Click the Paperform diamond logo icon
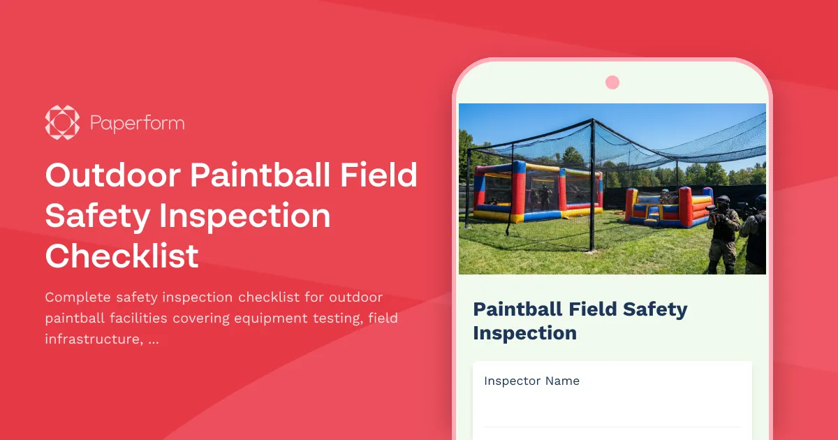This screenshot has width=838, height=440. (x=63, y=123)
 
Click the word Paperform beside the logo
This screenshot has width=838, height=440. (x=137, y=124)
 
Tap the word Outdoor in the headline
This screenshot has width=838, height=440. (x=111, y=175)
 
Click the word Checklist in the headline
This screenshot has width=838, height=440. (x=122, y=256)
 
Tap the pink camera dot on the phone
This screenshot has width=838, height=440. (x=612, y=82)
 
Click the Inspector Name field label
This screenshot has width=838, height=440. (x=531, y=381)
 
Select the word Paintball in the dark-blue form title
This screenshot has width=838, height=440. (x=518, y=309)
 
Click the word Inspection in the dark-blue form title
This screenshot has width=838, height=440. (x=524, y=333)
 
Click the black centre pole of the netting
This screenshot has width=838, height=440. (x=591, y=187)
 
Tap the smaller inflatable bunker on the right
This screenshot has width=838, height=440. (x=667, y=207)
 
